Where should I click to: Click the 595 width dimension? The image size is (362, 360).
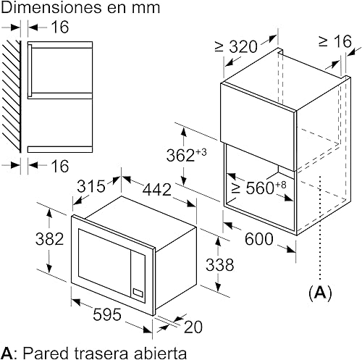pos(107,314)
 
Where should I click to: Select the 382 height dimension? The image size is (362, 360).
pos(49,239)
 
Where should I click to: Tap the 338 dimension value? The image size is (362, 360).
pos(219,264)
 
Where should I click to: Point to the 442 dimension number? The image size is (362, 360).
pos(157,189)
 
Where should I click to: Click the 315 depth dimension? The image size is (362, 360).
pos(91,186)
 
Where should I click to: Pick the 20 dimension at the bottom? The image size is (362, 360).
pos(193,327)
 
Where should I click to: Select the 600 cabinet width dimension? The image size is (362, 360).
pos(259,239)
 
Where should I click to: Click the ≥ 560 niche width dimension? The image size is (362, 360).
pos(258,188)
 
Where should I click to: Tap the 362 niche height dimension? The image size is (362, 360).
pos(186,155)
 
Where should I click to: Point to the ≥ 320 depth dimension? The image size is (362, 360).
pos(236,46)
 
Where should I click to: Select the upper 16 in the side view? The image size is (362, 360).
pos(60,27)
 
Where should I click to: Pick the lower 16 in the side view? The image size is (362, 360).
pos(60,166)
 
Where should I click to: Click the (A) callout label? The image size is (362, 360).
pos(320,293)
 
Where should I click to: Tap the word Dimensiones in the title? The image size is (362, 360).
pos(51,7)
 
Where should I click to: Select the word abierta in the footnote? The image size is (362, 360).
pos(160,353)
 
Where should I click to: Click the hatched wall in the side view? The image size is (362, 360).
pos(11,96)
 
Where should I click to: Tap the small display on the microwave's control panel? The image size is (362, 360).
pos(138,293)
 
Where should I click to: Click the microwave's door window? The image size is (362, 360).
pos(104,262)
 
